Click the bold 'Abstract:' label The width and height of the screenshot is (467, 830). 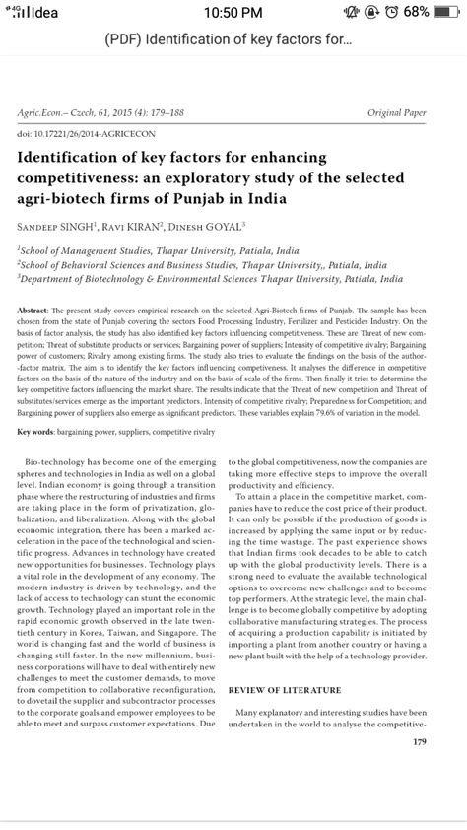(x=33, y=310)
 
